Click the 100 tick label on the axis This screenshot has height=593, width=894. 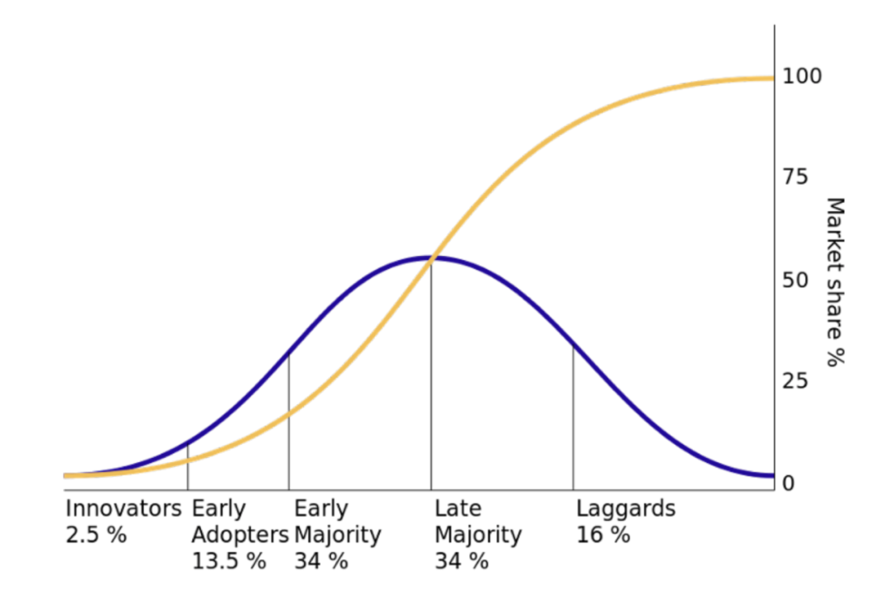click(x=802, y=76)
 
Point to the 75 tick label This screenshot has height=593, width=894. click(x=795, y=178)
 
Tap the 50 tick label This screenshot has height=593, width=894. click(x=795, y=280)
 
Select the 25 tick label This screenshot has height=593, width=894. click(x=795, y=382)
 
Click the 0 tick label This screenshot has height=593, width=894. click(x=789, y=483)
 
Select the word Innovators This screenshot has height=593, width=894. click(x=123, y=509)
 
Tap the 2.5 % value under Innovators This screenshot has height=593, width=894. click(x=96, y=535)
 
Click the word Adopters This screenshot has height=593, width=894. click(x=240, y=535)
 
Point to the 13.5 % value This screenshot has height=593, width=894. click(x=229, y=562)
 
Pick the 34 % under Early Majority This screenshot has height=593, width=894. click(x=321, y=562)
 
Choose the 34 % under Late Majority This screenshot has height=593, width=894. click(x=462, y=562)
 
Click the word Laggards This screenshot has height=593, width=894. click(x=626, y=509)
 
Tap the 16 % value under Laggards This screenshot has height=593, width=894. click(x=603, y=535)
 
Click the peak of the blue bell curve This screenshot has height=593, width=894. click(x=432, y=258)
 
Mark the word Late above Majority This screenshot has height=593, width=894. click(x=458, y=509)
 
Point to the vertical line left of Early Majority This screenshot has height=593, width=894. click(x=289, y=422)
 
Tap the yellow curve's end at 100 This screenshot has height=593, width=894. click(x=771, y=79)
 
